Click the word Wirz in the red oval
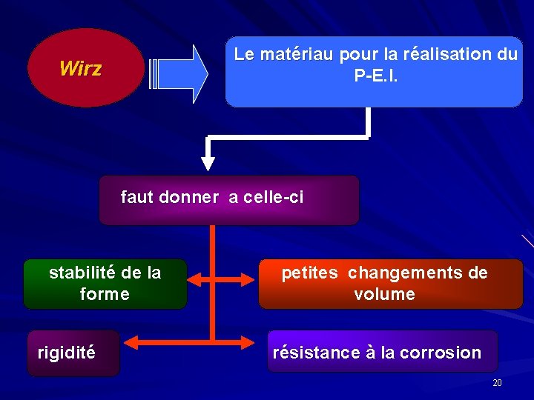(80, 70)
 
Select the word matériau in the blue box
(294, 54)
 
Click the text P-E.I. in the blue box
(376, 76)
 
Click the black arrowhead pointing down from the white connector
(208, 162)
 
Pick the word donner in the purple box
(188, 198)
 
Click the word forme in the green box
(105, 294)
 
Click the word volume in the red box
(384, 294)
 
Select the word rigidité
(66, 353)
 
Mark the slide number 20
(497, 382)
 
